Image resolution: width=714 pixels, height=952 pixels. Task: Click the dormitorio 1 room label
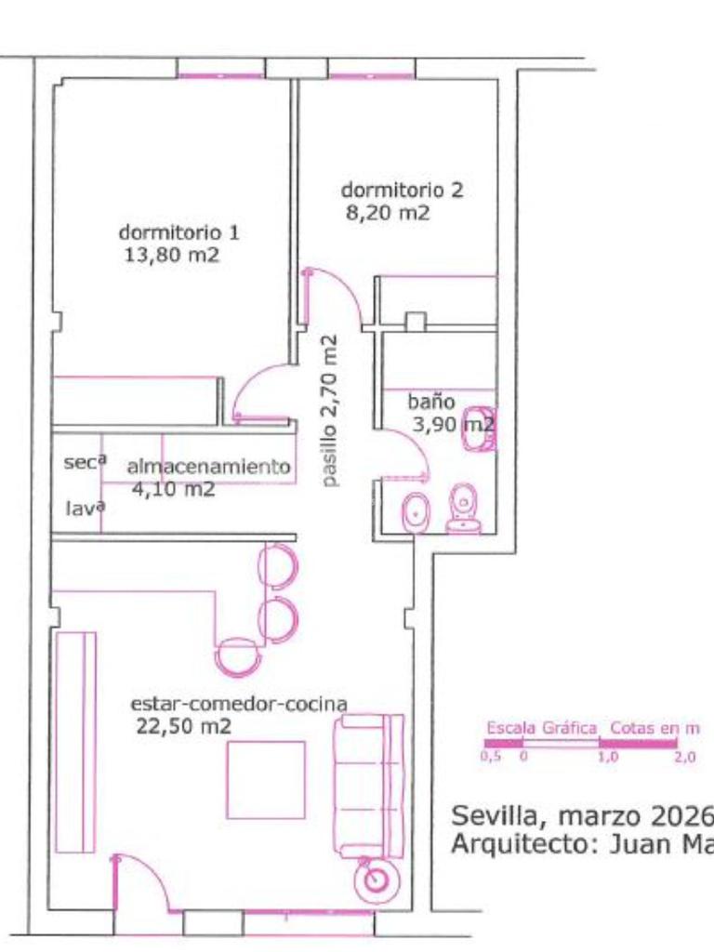pyautogui.click(x=178, y=232)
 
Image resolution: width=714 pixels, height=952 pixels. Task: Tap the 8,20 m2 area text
pyautogui.click(x=388, y=213)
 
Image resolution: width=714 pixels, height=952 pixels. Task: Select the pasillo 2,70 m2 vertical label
pyautogui.click(x=330, y=411)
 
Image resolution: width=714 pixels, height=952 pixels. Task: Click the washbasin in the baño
pyautogui.click(x=480, y=429)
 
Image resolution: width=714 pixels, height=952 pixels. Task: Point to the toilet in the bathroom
pyautogui.click(x=464, y=509)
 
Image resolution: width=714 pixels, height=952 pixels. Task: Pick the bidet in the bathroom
pyautogui.click(x=416, y=512)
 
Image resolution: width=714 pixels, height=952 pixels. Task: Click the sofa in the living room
pyautogui.click(x=369, y=787)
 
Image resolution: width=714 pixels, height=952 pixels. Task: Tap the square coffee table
pyautogui.click(x=266, y=780)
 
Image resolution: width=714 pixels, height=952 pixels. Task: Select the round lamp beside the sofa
pyautogui.click(x=377, y=879)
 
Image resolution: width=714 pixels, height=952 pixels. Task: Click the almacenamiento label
pyautogui.click(x=208, y=467)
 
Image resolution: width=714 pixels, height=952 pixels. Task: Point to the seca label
pyautogui.click(x=85, y=462)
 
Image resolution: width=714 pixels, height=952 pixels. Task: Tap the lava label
pyautogui.click(x=85, y=508)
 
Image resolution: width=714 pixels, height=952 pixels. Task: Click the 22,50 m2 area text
pyautogui.click(x=183, y=726)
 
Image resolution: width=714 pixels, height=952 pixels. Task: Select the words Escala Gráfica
pyautogui.click(x=542, y=727)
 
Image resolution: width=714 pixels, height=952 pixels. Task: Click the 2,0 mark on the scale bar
pyautogui.click(x=685, y=757)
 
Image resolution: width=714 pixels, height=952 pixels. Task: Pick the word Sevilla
pyautogui.click(x=495, y=816)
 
